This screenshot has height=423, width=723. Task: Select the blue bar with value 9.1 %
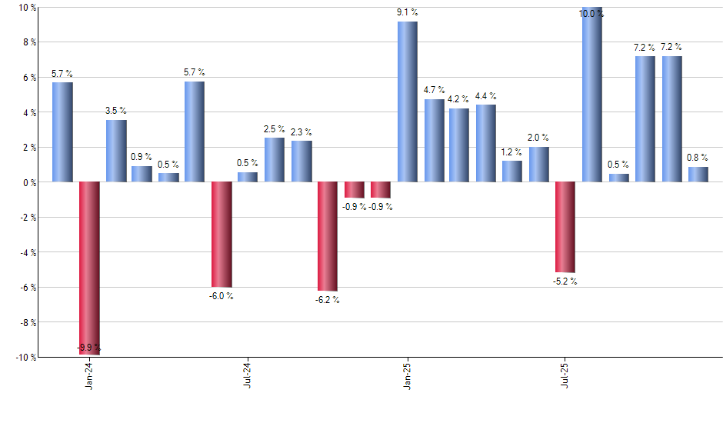(x=408, y=102)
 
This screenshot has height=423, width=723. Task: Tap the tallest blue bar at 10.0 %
(x=592, y=95)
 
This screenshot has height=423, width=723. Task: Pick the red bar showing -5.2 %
(x=565, y=227)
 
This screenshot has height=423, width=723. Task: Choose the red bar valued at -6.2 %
(x=328, y=236)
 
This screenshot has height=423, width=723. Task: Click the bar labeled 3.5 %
(x=116, y=151)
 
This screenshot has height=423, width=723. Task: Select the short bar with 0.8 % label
(x=698, y=175)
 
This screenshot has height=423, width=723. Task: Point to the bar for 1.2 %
(x=512, y=172)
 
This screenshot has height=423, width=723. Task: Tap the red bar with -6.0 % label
(x=222, y=234)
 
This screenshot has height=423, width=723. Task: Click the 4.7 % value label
(x=434, y=90)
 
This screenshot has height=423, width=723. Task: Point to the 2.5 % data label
(x=275, y=129)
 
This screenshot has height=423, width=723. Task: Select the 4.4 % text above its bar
(x=486, y=96)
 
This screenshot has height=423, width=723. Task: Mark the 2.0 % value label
(x=538, y=138)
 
